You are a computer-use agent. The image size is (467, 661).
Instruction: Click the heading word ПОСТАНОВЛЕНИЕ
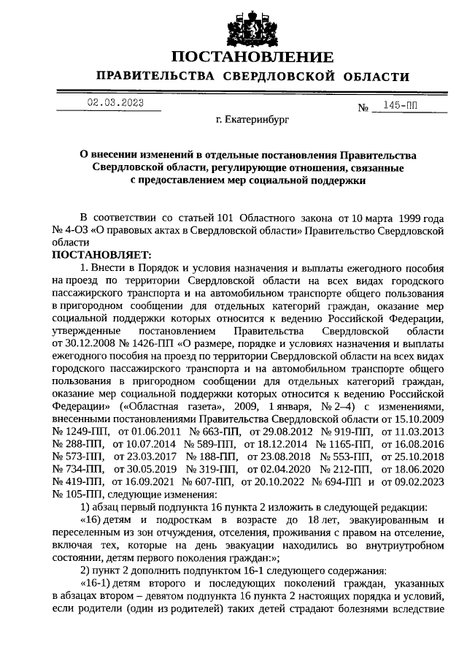(x=252, y=56)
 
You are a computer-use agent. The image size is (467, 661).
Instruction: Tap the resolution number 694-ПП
(x=336, y=482)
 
